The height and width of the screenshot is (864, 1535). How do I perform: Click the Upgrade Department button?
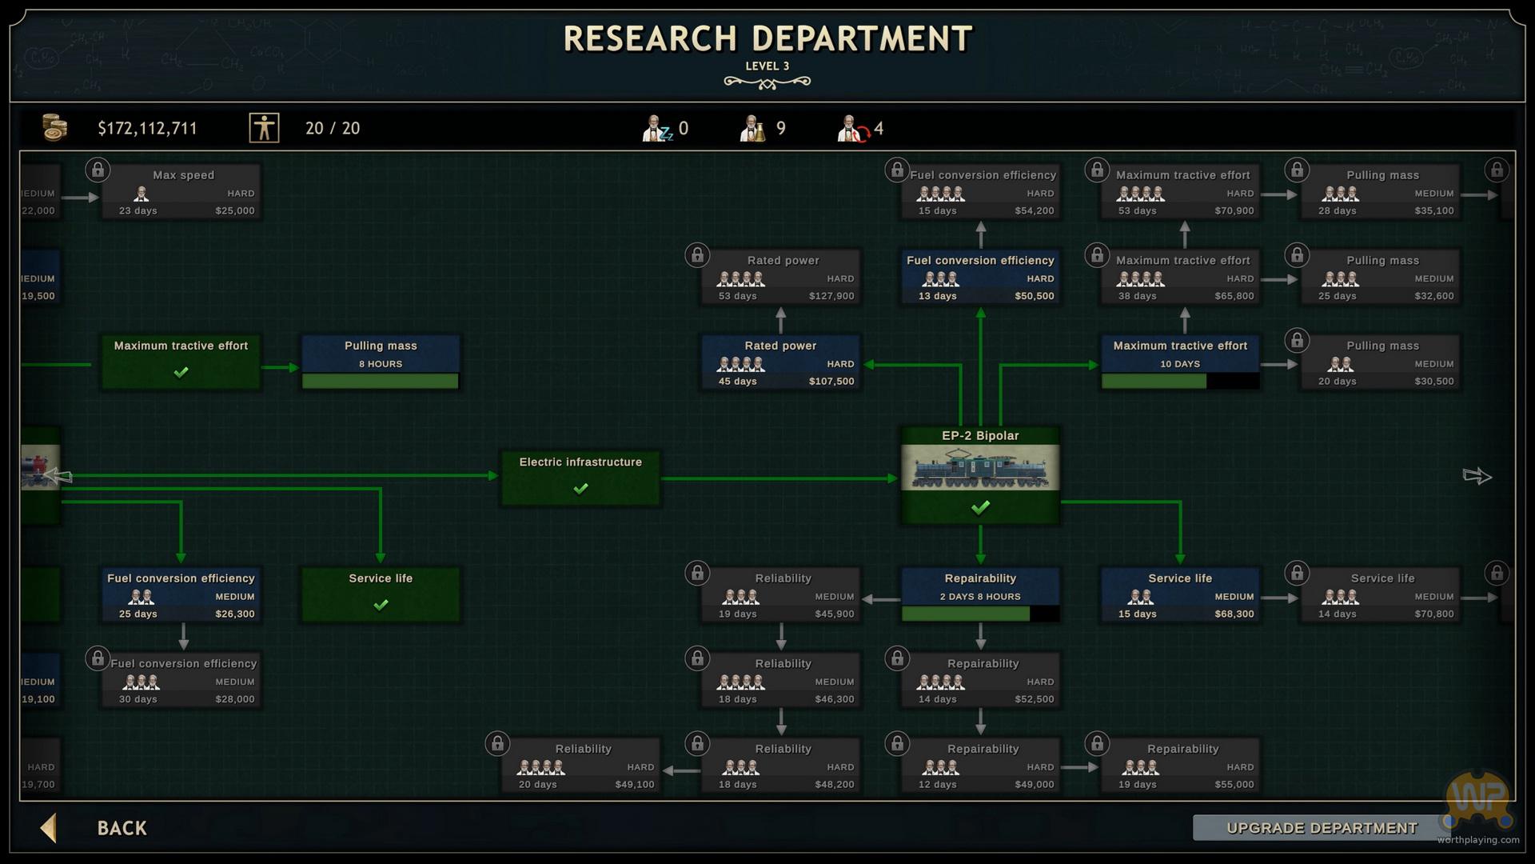[x=1322, y=828]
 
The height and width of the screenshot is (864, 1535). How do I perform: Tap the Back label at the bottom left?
[x=122, y=828]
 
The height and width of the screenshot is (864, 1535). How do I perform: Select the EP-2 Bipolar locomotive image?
[x=980, y=467]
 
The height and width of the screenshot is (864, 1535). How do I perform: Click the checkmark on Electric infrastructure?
[x=580, y=488]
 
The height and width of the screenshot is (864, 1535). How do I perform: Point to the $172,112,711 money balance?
[x=147, y=129]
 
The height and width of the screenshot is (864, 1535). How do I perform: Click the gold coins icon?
[x=54, y=127]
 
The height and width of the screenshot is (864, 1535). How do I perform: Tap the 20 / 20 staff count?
[x=333, y=129]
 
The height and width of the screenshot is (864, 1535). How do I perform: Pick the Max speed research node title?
[x=183, y=175]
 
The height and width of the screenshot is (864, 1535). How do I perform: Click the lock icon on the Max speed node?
[x=98, y=170]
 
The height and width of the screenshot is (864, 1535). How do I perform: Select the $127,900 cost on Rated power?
[x=831, y=296]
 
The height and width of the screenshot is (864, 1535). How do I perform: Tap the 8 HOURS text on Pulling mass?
[x=381, y=364]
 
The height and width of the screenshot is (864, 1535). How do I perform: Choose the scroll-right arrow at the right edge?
[x=1477, y=477]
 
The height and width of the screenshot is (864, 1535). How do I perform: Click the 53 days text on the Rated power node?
[x=737, y=296]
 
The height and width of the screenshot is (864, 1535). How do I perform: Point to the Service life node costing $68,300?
[x=1180, y=595]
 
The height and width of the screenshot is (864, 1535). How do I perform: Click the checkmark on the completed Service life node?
[x=381, y=605]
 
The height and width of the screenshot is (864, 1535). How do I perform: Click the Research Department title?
[x=767, y=38]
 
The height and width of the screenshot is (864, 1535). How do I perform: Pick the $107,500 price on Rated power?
[x=831, y=382]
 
